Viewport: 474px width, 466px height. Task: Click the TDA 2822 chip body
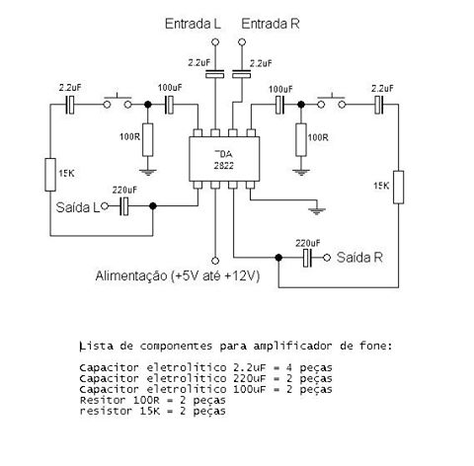[224, 159]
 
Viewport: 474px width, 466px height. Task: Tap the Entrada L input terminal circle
[215, 42]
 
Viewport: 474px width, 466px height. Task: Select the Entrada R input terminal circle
[242, 42]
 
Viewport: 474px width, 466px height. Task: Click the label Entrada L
[193, 24]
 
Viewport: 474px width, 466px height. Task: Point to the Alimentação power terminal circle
[215, 261]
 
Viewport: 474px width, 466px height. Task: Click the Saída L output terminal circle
[105, 206]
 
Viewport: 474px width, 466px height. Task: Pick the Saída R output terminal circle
[327, 258]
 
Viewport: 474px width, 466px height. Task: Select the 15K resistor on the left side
[50, 175]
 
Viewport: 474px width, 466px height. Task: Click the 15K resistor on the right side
[398, 187]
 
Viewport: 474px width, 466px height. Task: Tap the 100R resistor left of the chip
[147, 140]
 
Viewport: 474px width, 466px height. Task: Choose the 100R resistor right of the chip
[301, 139]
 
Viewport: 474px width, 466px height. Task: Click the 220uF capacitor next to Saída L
[124, 206]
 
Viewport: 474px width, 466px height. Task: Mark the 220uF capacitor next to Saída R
[307, 258]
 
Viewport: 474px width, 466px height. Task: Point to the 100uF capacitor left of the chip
[169, 105]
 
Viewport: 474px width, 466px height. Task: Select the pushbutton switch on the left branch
[118, 102]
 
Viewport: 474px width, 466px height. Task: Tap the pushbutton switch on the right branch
[332, 102]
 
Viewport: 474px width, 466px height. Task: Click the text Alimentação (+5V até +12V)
[178, 275]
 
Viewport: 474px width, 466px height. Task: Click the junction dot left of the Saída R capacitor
[278, 258]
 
